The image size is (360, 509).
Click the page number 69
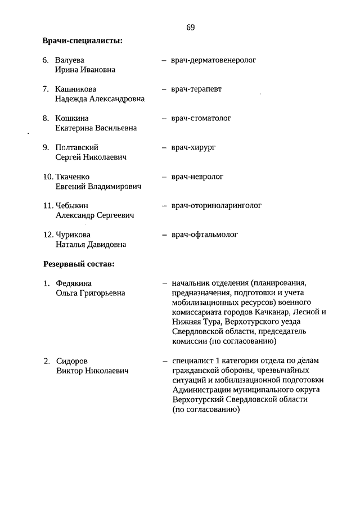coord(190,27)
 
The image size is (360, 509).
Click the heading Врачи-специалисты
coord(83,40)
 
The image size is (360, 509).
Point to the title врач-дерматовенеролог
coord(213,60)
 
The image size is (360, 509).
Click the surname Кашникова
coord(75,89)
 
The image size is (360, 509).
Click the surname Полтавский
coord(77,147)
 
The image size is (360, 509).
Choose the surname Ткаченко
coord(73,177)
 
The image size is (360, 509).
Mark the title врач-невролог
coord(197,177)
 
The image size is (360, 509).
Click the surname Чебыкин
coord(72,205)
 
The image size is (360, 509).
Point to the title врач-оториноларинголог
coord(217,205)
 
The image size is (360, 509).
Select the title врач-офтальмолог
coord(205,235)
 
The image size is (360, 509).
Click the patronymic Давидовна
coord(106,245)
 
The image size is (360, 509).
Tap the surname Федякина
coord(74,283)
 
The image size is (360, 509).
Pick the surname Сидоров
coord(72,361)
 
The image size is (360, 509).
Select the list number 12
coord(48,235)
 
